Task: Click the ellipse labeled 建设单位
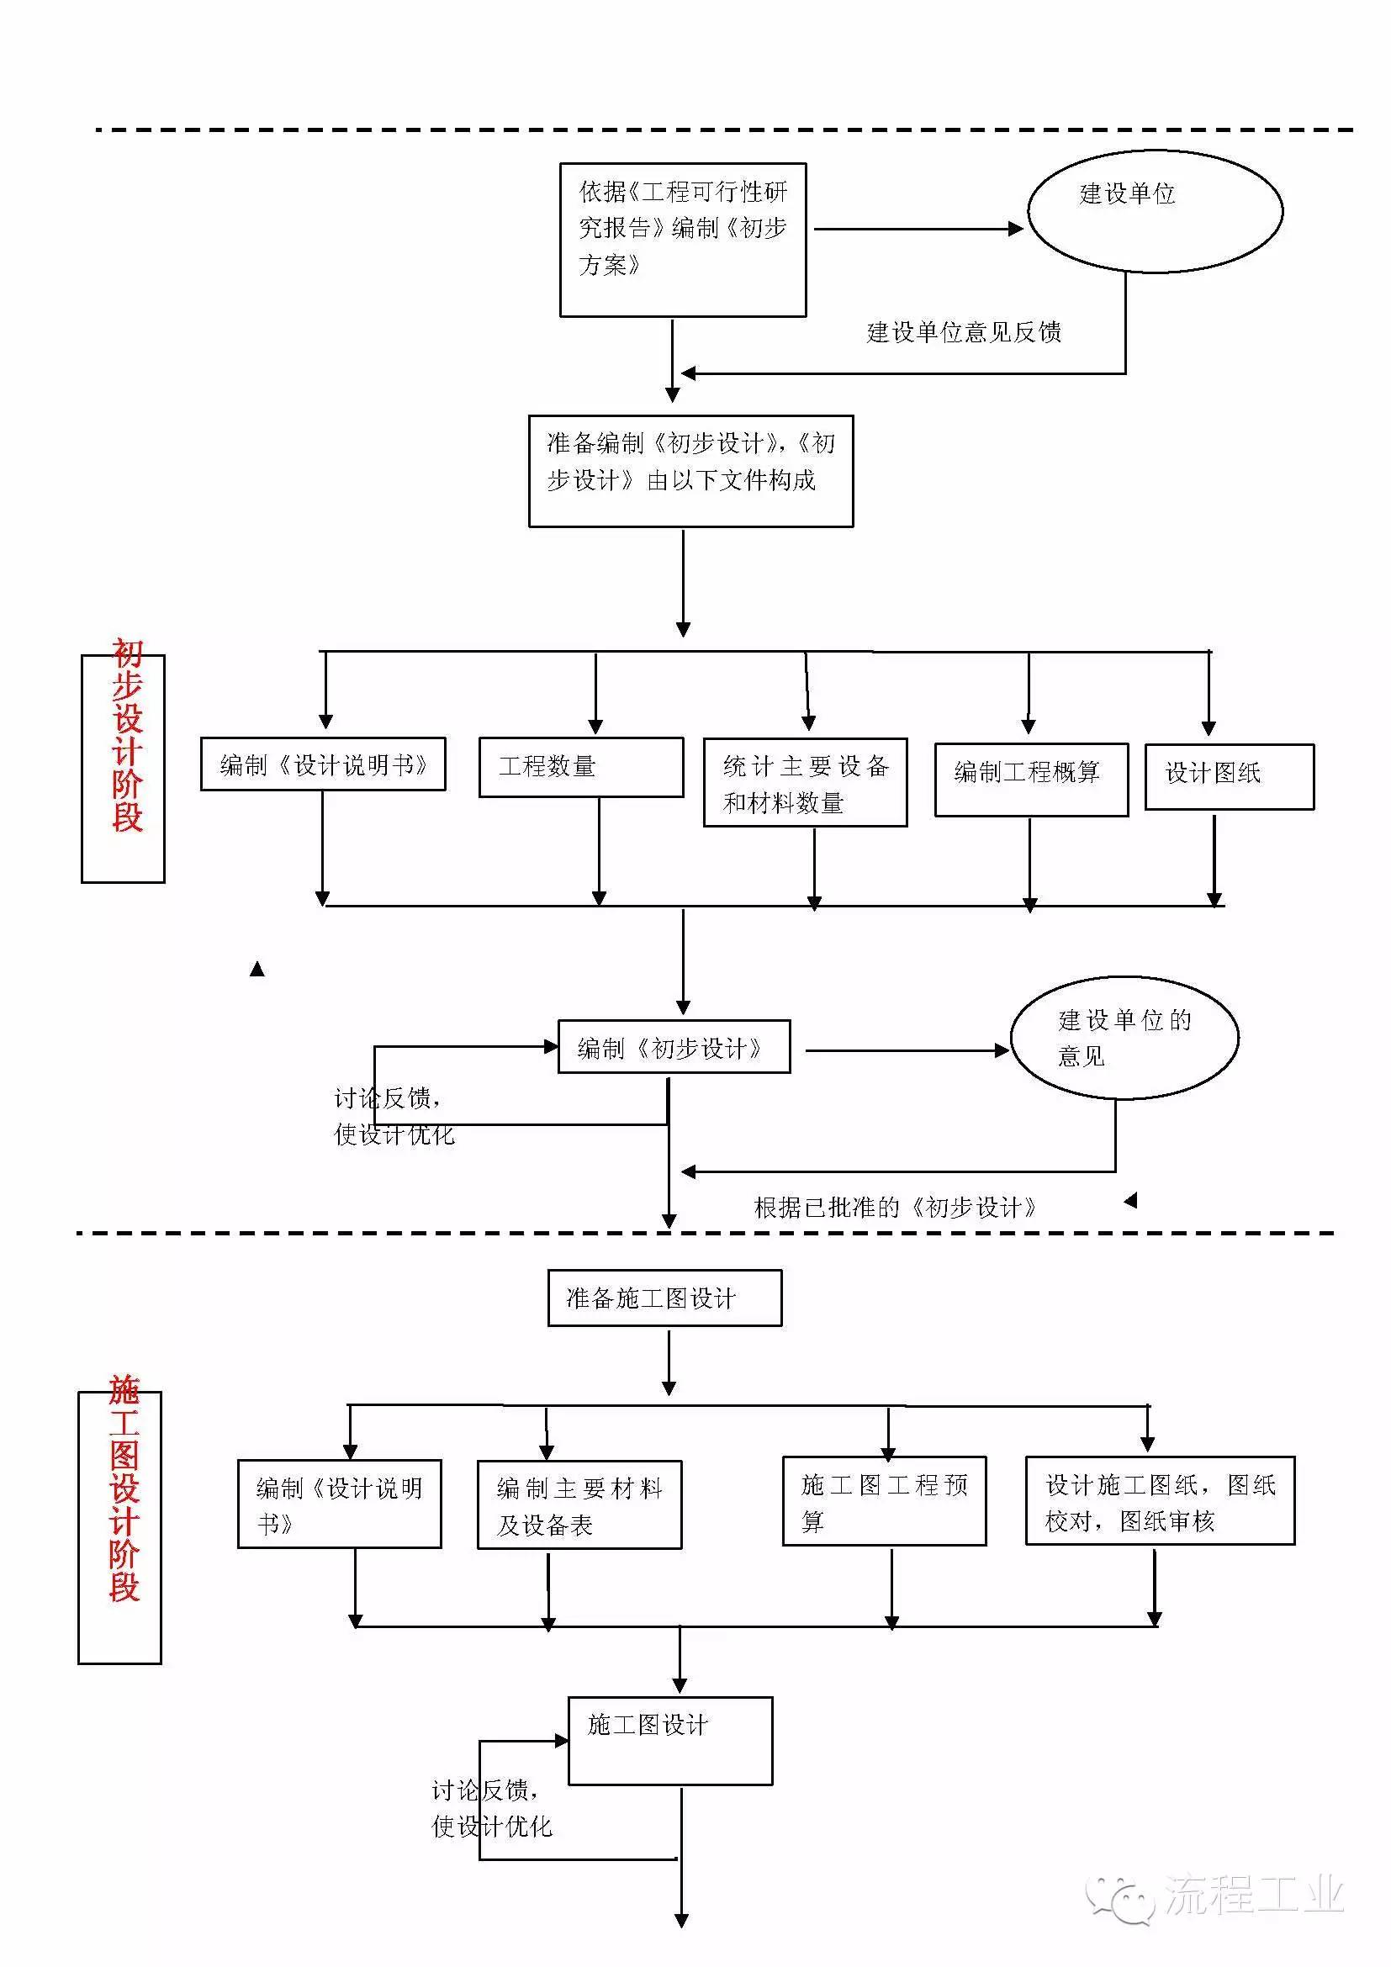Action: click(x=1154, y=211)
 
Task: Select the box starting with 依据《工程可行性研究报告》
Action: click(x=683, y=239)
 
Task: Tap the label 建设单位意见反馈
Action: click(x=964, y=332)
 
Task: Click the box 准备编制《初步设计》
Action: click(x=690, y=470)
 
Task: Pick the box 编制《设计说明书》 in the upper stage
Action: click(x=323, y=764)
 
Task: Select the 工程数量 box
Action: click(x=581, y=767)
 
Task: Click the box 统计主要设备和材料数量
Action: click(x=804, y=782)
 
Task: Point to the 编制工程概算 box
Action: click(x=1030, y=779)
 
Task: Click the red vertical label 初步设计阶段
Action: click(x=127, y=737)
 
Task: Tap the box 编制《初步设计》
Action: click(x=674, y=1046)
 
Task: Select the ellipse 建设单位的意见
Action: click(x=1124, y=1038)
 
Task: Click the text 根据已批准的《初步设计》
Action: click(x=894, y=1208)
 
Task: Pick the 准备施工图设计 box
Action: click(x=664, y=1298)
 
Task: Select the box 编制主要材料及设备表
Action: click(x=579, y=1505)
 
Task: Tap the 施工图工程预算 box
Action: click(x=883, y=1501)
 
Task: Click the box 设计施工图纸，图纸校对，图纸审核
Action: click(x=1159, y=1501)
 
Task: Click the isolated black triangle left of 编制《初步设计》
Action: click(x=257, y=969)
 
